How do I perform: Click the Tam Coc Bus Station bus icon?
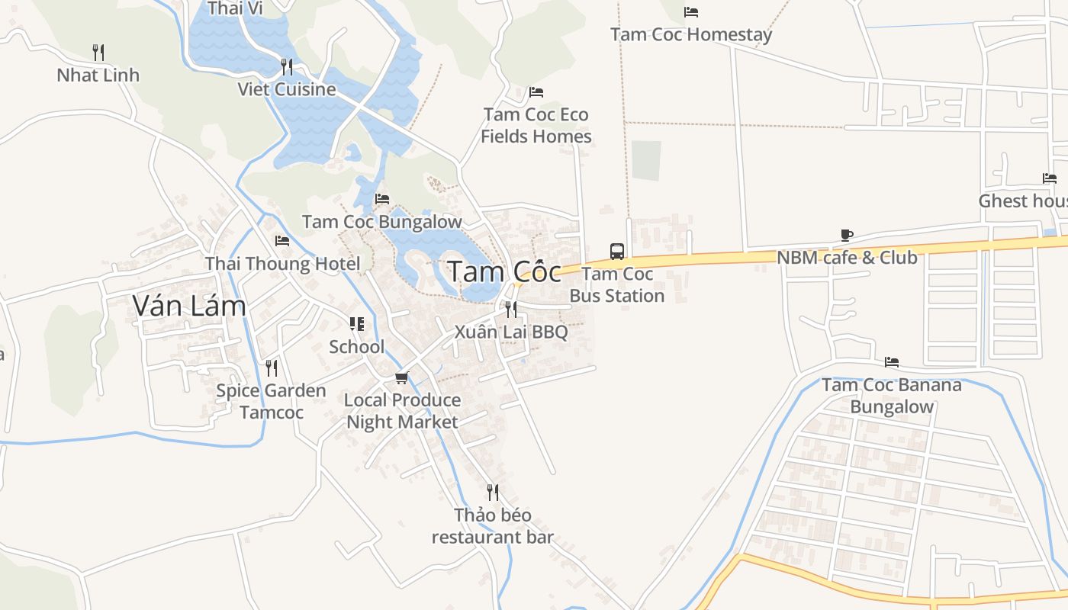pos(616,251)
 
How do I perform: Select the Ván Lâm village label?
pos(189,306)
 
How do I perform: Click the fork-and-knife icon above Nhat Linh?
pos(98,52)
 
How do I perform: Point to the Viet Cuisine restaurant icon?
pos(286,66)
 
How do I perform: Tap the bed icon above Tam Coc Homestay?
pos(691,12)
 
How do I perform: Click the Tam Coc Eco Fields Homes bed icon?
pos(536,92)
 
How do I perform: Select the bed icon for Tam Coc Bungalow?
pos(382,199)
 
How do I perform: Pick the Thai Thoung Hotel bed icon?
pos(282,241)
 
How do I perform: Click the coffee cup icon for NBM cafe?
pos(846,235)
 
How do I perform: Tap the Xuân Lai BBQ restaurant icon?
pos(510,309)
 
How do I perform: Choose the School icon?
pos(356,324)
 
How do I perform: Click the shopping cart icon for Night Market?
pos(402,377)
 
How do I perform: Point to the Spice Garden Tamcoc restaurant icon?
pos(271,368)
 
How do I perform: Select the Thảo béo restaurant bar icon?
pos(492,492)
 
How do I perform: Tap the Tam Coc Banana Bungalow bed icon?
pos(891,361)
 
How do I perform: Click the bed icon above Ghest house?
pos(1050,178)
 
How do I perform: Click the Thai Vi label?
pos(235,8)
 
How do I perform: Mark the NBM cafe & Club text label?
pos(847,258)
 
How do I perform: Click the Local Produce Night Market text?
pos(402,411)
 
